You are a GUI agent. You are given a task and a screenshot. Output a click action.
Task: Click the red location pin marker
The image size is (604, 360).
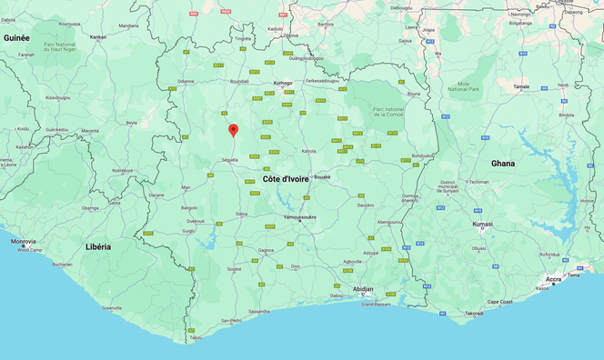pos(233,131)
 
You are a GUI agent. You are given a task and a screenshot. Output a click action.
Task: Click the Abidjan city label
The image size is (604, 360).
pos(363,288)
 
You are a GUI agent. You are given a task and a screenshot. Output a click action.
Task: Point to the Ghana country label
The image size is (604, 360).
pos(502,164)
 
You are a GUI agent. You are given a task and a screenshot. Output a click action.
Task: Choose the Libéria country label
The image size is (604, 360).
pos(97,246)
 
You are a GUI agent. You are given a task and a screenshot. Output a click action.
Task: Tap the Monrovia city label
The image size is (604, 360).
pos(24,241)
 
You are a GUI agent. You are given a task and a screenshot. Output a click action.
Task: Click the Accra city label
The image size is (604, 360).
pos(554,279)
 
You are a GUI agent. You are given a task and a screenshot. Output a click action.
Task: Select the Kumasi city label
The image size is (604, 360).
pos(482,223)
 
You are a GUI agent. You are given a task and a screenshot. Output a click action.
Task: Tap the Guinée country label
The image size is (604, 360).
pos(16,38)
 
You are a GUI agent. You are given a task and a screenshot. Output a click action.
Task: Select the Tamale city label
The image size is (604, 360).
pos(521,86)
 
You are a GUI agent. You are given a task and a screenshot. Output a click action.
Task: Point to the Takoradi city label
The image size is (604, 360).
pos(474,314)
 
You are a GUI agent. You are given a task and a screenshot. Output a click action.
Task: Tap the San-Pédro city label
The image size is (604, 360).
pos(231,321)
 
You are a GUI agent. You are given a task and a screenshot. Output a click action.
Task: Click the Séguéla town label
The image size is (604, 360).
pos(228,160)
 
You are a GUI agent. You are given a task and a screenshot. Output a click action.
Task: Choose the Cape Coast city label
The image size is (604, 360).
pos(501,302)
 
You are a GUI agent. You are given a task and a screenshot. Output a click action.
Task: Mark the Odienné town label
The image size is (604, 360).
pos(186,81)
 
